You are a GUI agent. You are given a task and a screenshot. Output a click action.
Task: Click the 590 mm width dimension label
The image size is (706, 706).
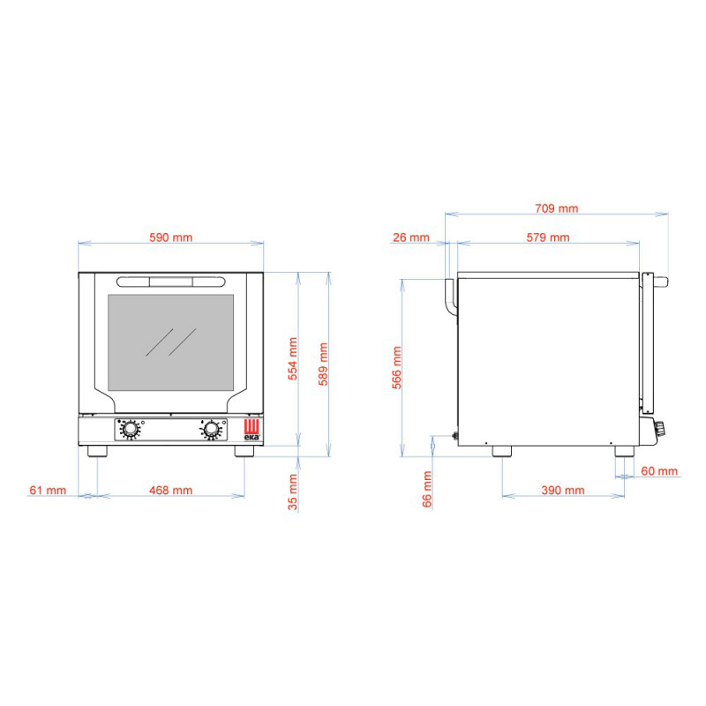click(x=170, y=237)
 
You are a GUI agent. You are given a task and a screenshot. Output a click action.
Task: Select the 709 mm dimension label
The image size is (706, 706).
click(x=557, y=208)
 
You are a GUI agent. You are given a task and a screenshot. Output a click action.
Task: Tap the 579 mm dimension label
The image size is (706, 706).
click(x=548, y=237)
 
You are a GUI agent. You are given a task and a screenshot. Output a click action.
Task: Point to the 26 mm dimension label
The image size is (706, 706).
click(x=411, y=237)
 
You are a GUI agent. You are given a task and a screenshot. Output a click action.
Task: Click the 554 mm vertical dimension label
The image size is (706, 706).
click(x=293, y=359)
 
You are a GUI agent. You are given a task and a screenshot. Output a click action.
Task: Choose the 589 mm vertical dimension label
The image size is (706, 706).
click(x=323, y=364)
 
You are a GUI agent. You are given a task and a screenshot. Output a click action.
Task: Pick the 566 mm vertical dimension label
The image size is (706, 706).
click(x=396, y=367)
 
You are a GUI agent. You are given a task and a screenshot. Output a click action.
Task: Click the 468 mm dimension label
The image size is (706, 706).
click(x=170, y=491)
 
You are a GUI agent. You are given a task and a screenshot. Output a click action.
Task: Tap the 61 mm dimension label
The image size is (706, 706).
click(x=48, y=491)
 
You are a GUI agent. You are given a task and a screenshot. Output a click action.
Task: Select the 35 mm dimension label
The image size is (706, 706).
click(x=293, y=492)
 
